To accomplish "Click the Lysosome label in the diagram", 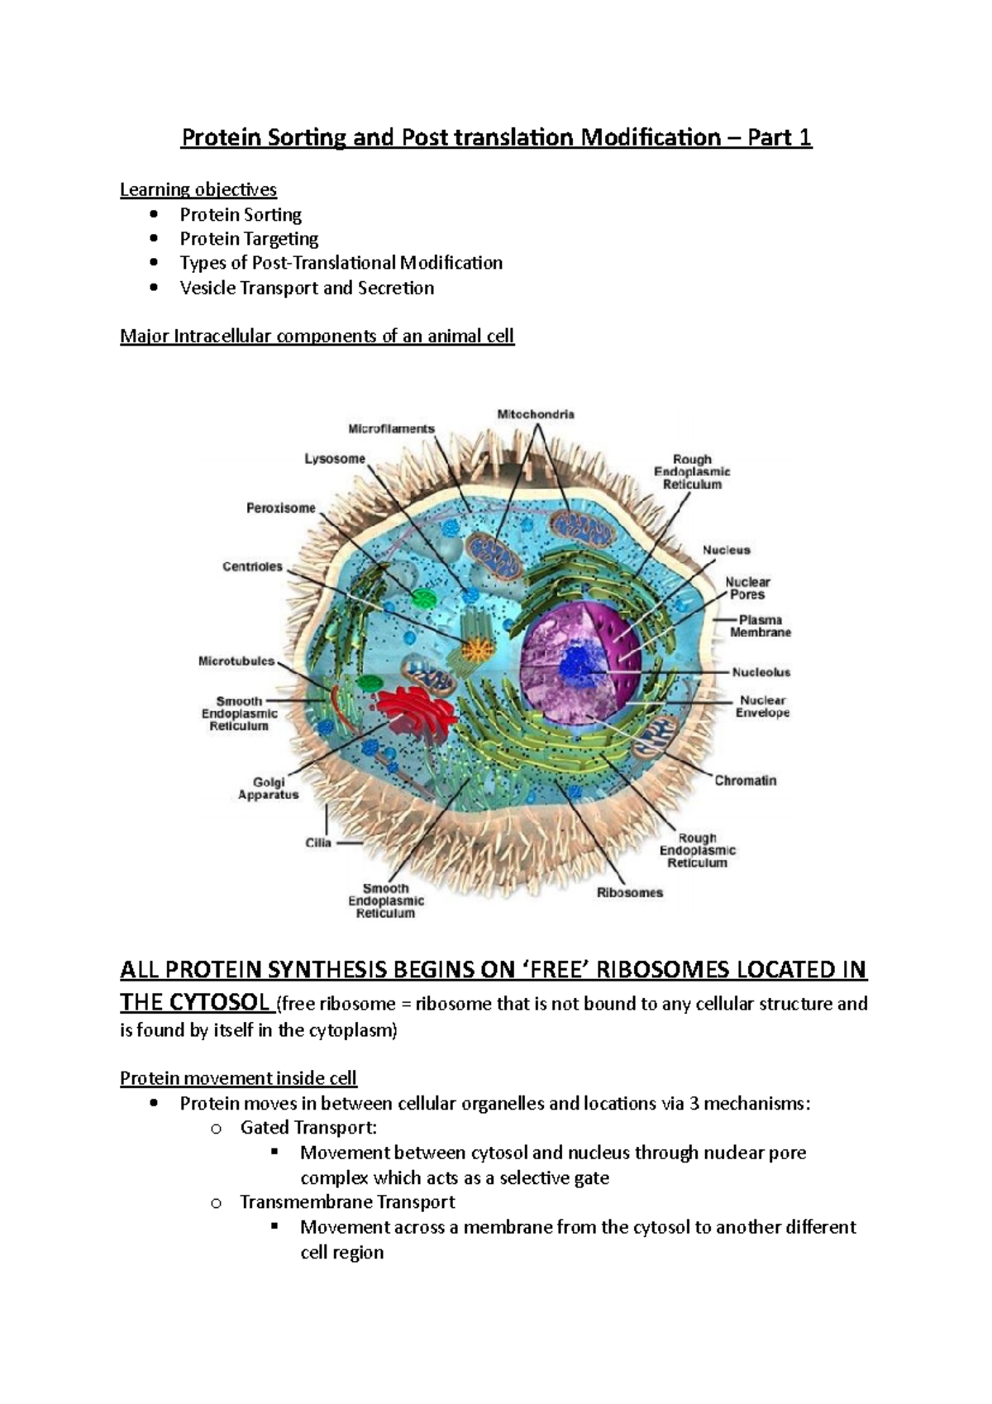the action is (335, 459).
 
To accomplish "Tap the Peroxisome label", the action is (281, 508).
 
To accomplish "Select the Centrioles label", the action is (252, 566).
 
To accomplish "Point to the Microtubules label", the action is (236, 661).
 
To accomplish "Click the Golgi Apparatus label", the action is (269, 788).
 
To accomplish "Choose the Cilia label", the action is (318, 843).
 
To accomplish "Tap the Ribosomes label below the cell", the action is (630, 892).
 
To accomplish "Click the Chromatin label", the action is (745, 780).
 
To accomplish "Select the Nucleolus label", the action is (761, 672).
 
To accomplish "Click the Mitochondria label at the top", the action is (536, 413).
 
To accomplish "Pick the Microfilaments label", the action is (391, 428).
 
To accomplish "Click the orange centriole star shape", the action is (478, 648).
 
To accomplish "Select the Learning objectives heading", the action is (198, 189).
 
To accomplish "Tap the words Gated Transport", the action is (308, 1127).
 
